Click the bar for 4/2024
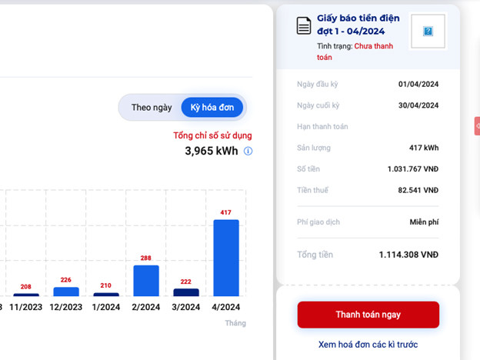tap(226, 258)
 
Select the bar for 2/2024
tap(146, 281)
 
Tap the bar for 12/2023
tap(66, 292)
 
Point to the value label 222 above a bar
tap(186, 282)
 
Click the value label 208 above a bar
tap(26, 287)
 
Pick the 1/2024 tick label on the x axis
tap(106, 307)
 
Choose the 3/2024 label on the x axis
tap(186, 307)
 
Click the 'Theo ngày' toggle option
tap(152, 108)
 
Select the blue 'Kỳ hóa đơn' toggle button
tap(212, 108)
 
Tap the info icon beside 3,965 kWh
tap(248, 152)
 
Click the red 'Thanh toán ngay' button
tap(368, 315)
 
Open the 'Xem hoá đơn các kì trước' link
tap(368, 345)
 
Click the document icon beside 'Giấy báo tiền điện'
tap(304, 25)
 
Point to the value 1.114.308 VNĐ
tap(408, 255)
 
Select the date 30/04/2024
tap(418, 105)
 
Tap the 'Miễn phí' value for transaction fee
tap(424, 222)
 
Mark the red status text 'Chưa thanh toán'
tap(374, 46)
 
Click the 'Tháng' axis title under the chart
tap(235, 323)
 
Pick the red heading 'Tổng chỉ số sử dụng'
tap(212, 135)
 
